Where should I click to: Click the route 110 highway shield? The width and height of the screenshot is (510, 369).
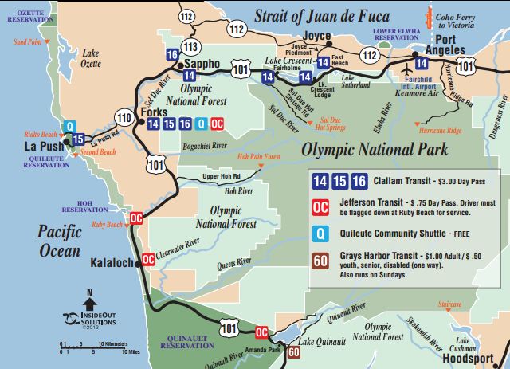pos(123,118)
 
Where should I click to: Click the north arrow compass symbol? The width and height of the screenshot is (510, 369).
pos(89,303)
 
